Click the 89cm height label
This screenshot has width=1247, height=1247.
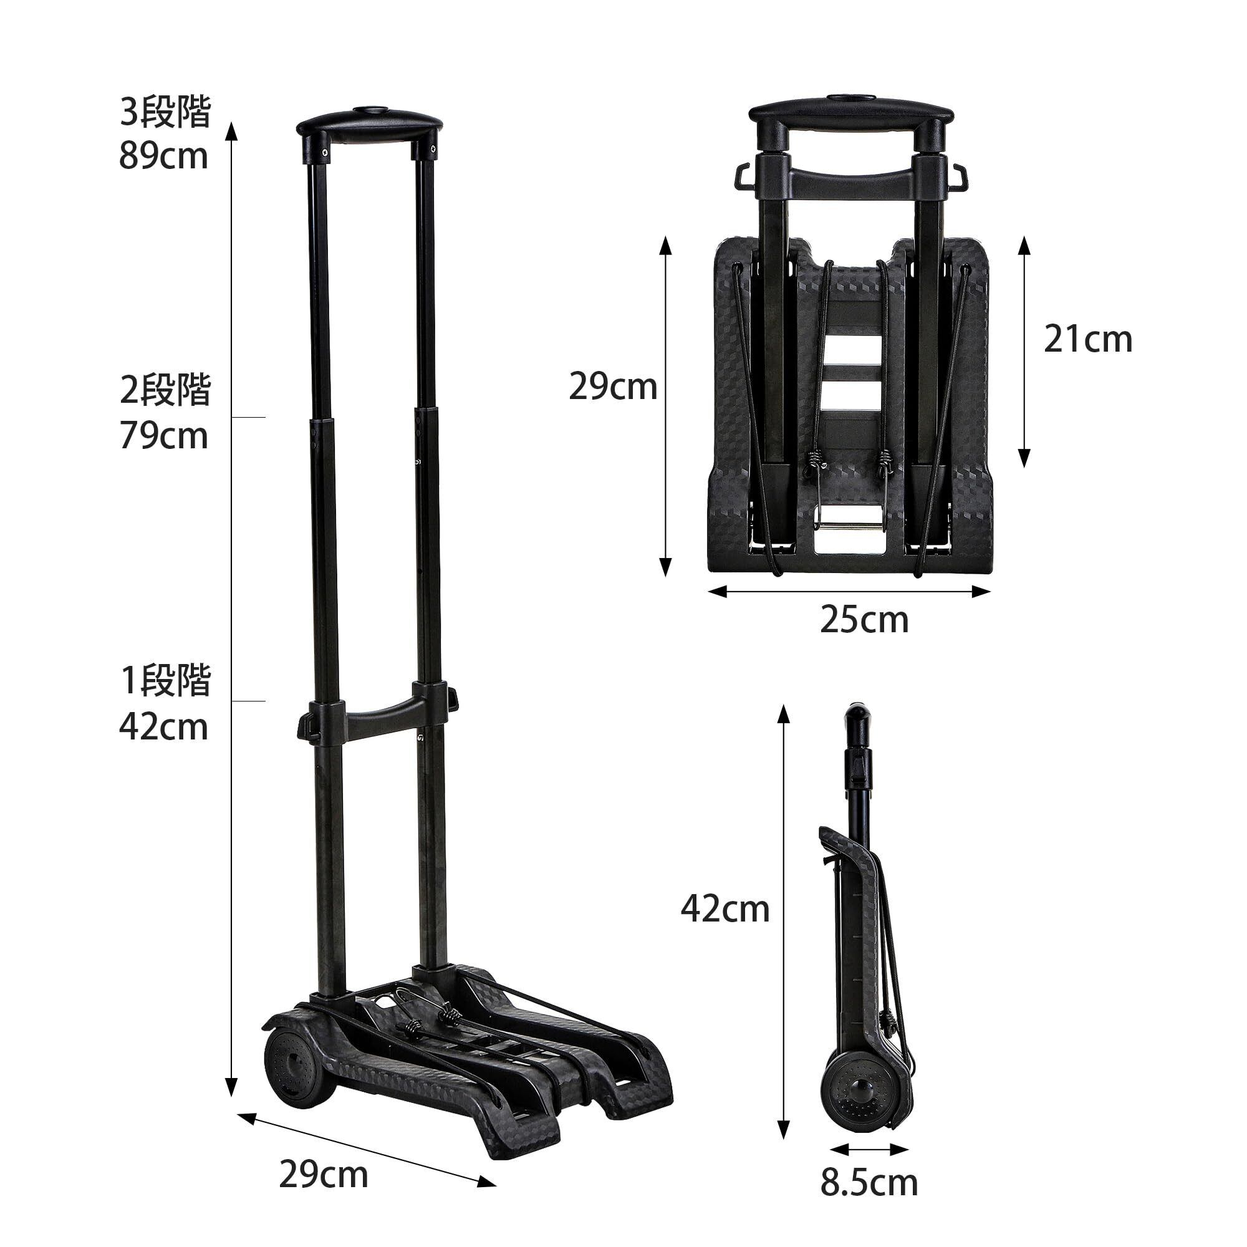[x=164, y=156]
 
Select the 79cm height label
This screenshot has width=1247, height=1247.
[x=164, y=436]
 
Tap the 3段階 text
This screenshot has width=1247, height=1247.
[x=166, y=112]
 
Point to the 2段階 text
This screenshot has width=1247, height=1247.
[x=166, y=391]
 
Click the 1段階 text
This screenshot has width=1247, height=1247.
[x=166, y=681]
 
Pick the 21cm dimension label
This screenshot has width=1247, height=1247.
[x=1088, y=340]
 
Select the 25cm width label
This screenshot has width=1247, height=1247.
[x=864, y=620]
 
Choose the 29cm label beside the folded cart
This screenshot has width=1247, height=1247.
[x=613, y=387]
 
